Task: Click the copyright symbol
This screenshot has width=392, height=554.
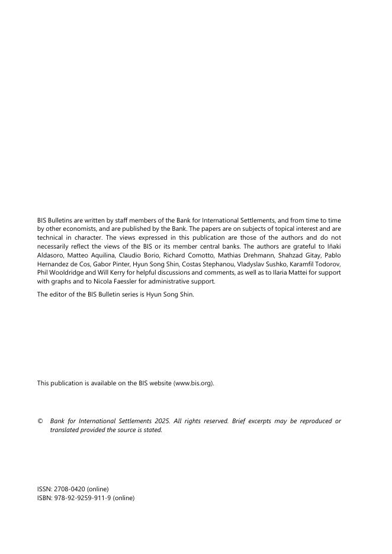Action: pos(40,421)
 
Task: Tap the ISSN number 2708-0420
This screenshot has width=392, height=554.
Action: pos(69,489)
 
